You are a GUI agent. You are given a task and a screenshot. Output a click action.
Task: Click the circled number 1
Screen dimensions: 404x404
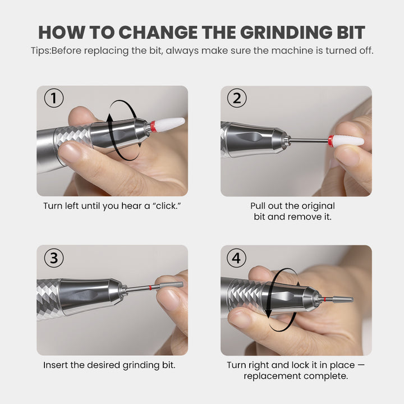pos(54,98)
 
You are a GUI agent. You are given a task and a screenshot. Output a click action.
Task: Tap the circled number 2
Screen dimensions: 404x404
pos(237,98)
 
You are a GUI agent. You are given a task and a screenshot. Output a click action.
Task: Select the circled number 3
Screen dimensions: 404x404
pos(54,258)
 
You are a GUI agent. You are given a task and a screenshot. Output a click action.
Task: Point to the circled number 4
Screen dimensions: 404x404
pos(237,258)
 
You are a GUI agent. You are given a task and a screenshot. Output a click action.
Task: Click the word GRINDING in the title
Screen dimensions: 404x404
pos(286,33)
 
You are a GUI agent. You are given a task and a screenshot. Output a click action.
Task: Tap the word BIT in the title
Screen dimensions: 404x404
pos(351,33)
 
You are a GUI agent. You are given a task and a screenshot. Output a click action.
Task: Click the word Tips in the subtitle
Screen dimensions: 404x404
pos(40,50)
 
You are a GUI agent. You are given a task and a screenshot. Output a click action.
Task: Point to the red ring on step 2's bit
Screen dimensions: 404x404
pos(331,141)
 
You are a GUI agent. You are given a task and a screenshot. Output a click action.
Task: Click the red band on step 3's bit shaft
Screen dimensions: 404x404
pos(150,288)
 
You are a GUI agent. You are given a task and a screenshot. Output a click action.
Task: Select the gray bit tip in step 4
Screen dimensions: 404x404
pos(343,300)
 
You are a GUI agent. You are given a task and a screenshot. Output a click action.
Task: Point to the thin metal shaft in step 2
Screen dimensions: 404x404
pos(309,140)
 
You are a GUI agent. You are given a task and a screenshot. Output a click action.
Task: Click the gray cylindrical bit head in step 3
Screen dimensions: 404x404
pos(171,284)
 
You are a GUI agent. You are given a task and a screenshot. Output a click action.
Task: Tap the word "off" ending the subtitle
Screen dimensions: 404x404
pos(366,50)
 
